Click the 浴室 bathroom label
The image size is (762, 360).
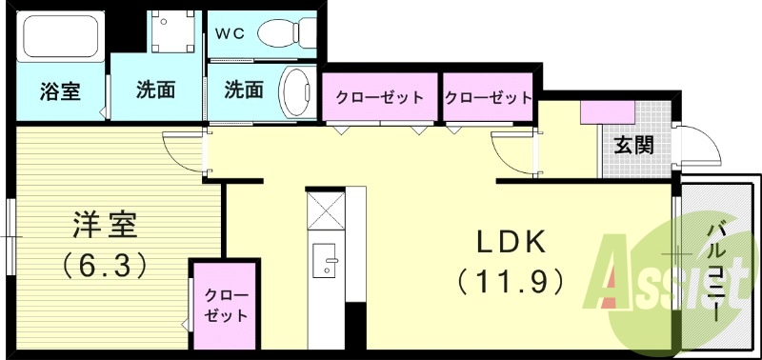[59, 91]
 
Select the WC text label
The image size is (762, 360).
[230, 33]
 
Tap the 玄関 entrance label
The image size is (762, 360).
[632, 146]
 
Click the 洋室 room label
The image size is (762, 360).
[106, 226]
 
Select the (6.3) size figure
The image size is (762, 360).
[106, 263]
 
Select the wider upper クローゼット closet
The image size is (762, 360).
[378, 98]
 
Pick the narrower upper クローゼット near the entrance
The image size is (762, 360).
[488, 98]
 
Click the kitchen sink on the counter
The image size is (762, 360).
[327, 258]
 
